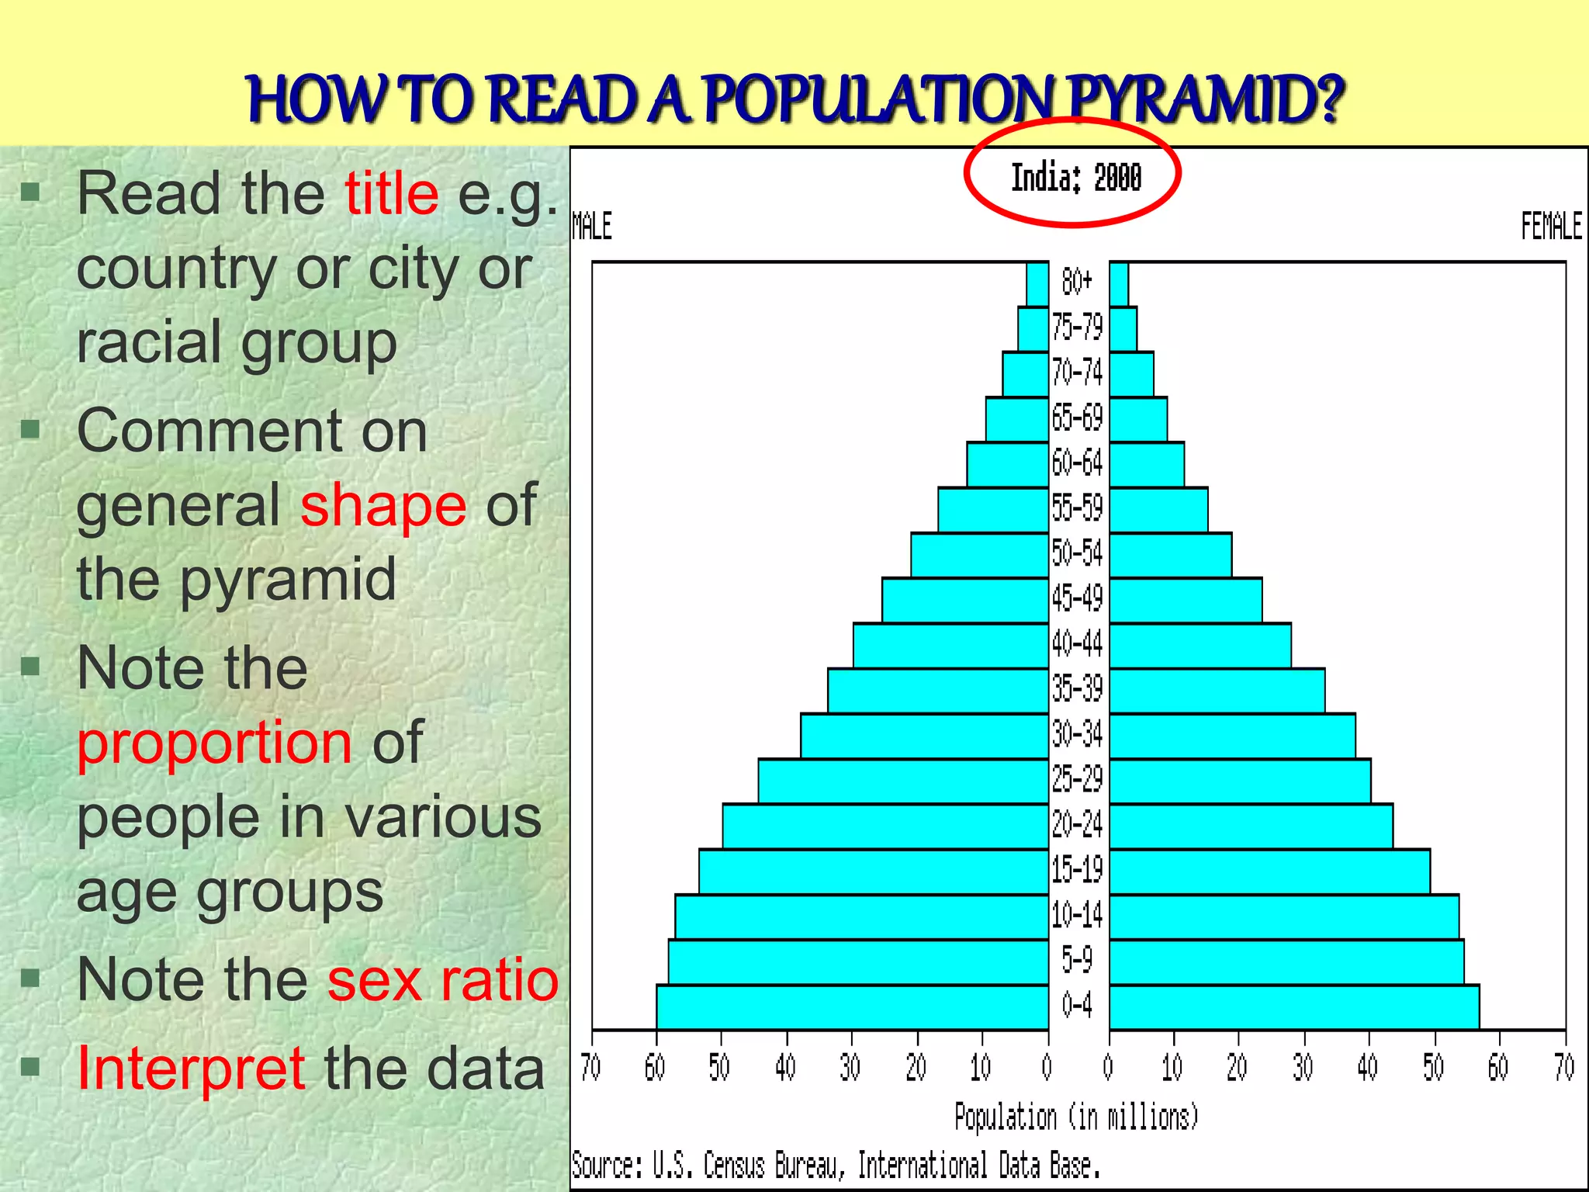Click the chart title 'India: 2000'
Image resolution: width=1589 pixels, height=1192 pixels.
pos(1075,178)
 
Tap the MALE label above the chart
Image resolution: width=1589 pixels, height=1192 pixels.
pos(592,227)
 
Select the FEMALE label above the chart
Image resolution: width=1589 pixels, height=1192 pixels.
pos(1551,227)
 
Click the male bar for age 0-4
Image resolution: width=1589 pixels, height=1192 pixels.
pos(852,1007)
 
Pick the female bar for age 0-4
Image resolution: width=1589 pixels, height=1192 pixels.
pos(1294,1007)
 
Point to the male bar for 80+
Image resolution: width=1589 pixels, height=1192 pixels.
pos(1037,284)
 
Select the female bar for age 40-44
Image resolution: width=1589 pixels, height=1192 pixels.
pos(1200,645)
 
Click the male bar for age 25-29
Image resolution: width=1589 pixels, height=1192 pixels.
pos(903,781)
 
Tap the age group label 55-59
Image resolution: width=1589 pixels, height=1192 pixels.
pos(1078,508)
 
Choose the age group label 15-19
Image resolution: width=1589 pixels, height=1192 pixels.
pos(1078,870)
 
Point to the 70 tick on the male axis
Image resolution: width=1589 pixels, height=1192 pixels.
pos(591,1068)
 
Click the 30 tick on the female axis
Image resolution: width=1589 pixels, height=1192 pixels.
pos(1303,1068)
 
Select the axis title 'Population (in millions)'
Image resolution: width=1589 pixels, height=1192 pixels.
pos(1076,1117)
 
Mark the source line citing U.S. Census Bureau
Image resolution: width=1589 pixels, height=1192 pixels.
pos(836,1166)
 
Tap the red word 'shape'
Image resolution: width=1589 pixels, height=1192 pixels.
pos(383,505)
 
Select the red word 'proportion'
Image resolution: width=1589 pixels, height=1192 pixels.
pos(215,743)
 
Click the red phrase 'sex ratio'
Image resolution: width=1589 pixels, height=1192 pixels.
pos(442,979)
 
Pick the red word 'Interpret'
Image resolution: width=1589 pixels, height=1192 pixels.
pos(191,1069)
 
